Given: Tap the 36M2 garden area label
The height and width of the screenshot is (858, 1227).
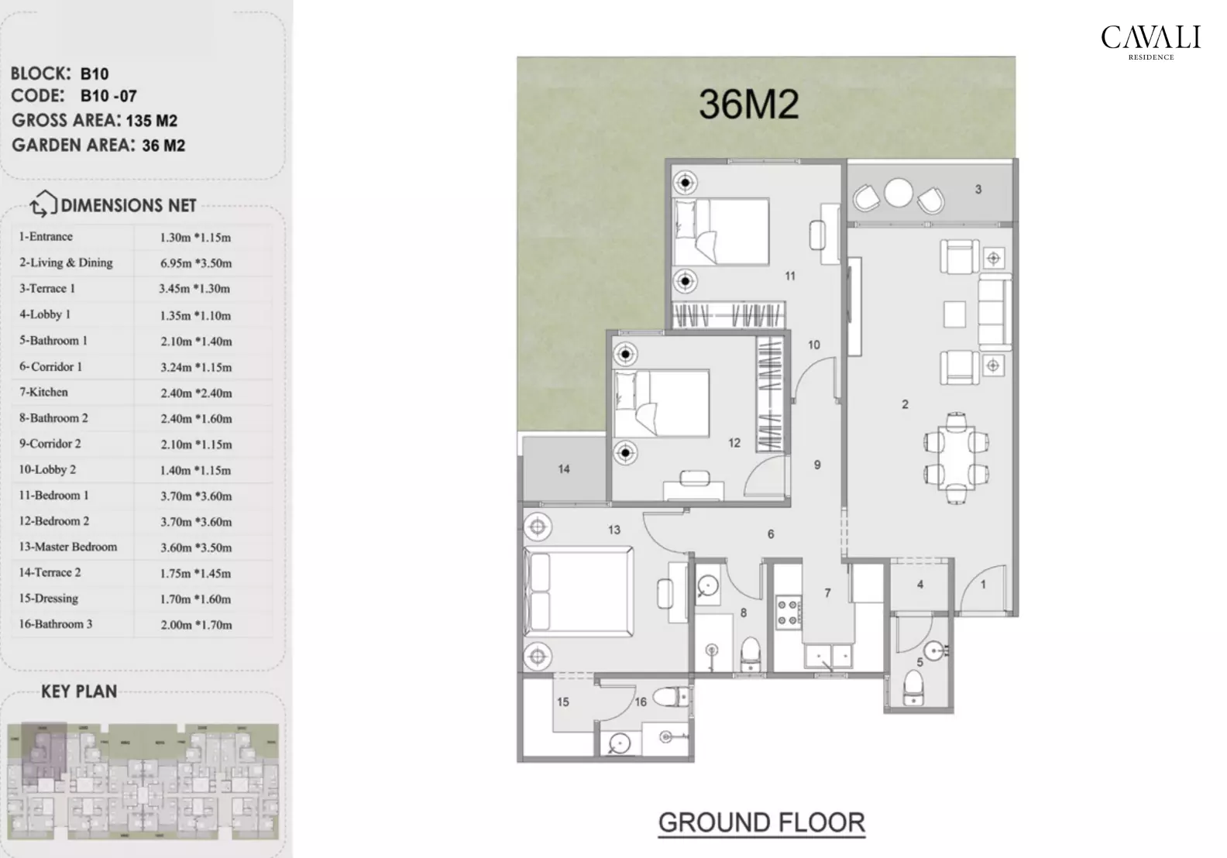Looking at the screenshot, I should tap(748, 104).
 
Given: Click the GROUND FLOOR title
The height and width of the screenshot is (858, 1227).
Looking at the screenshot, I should tap(761, 822).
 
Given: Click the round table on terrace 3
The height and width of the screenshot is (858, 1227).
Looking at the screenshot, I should tap(899, 193).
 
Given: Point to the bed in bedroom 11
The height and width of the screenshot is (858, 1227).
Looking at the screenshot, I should tap(721, 232).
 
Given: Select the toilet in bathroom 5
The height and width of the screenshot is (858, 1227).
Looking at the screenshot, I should tap(914, 688).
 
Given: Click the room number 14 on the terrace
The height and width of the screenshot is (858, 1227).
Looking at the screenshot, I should tap(564, 468).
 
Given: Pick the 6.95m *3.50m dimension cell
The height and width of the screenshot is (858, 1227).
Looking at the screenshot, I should tap(196, 263).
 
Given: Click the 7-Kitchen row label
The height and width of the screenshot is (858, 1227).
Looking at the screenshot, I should tap(44, 393).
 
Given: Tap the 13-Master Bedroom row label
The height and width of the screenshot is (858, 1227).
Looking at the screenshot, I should tap(68, 547).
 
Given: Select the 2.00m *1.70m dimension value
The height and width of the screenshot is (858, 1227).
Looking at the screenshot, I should tap(196, 625).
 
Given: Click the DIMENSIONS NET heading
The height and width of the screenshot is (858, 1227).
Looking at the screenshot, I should tap(129, 205).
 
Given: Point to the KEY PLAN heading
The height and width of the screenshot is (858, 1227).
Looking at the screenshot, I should tap(79, 692).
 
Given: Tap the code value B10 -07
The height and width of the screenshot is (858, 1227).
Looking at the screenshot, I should tap(108, 97).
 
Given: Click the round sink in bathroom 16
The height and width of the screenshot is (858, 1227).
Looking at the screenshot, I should tap(618, 743).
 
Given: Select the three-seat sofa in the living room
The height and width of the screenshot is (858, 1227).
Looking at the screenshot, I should tap(994, 312).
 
